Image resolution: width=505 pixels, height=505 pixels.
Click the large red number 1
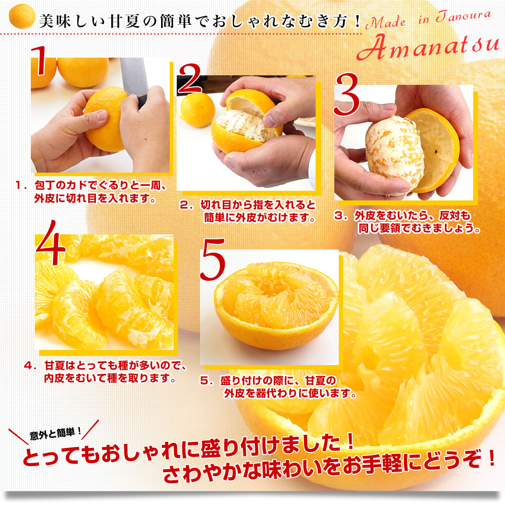pyautogui.click(x=39, y=61)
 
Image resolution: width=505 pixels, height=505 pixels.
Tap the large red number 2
pyautogui.click(x=190, y=79)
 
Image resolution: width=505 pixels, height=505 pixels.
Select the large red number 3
pyautogui.click(x=346, y=94)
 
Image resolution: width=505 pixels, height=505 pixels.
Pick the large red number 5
pyautogui.click(x=213, y=260)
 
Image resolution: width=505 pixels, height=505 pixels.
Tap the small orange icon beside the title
pyautogui.click(x=22, y=16)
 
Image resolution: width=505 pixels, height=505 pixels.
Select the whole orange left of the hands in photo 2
pyautogui.click(x=197, y=110)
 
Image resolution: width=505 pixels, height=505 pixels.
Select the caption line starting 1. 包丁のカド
pyautogui.click(x=91, y=185)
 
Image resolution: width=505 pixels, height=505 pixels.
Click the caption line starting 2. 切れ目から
pyautogui.click(x=248, y=205)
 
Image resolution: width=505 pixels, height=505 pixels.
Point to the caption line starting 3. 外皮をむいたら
pyautogui.click(x=402, y=216)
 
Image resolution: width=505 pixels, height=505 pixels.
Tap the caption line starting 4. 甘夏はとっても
pyautogui.click(x=106, y=366)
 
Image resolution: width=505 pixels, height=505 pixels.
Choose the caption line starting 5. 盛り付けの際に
pyautogui.click(x=268, y=380)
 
